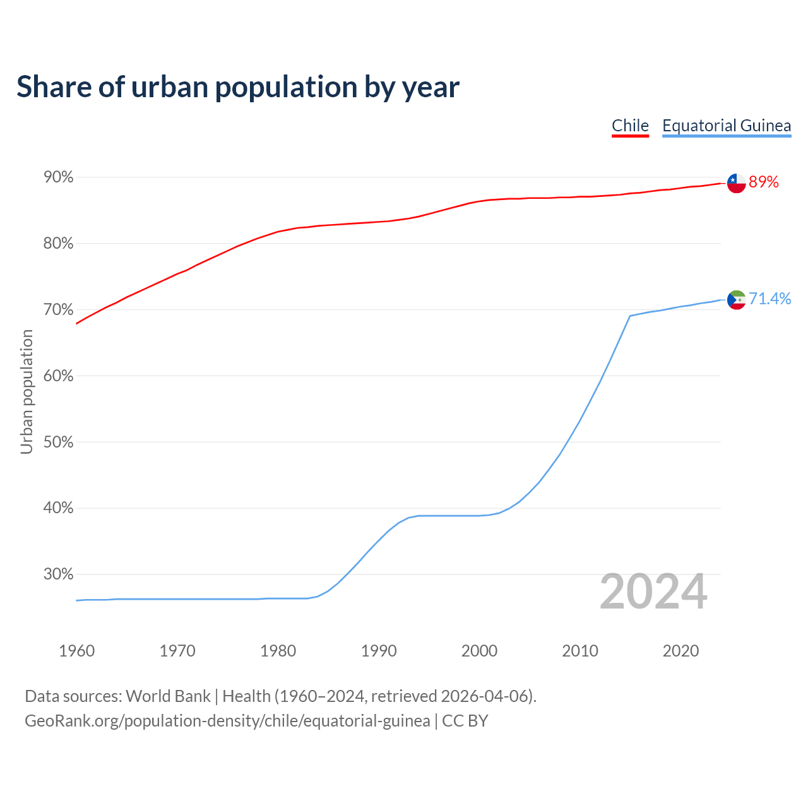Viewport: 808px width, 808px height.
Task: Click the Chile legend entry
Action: tap(630, 126)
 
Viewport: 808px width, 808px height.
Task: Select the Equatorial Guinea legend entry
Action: tap(726, 126)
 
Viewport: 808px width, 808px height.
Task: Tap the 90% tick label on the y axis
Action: tap(58, 177)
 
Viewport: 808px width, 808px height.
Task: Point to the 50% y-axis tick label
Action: tap(58, 443)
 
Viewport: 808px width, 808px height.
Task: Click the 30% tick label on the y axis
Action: tap(58, 574)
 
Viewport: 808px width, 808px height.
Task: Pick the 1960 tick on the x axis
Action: tap(76, 651)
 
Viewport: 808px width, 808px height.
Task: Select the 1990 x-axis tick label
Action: tap(379, 651)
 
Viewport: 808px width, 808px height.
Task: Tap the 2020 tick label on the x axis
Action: tap(680, 651)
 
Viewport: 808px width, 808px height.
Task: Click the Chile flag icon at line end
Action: tap(736, 183)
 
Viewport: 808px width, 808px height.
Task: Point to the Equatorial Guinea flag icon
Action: tap(736, 299)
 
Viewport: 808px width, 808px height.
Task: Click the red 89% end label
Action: tap(764, 182)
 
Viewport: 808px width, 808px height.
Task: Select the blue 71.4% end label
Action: tap(770, 299)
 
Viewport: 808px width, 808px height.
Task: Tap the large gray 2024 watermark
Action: tap(653, 591)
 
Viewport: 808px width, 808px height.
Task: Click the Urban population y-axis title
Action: tap(27, 391)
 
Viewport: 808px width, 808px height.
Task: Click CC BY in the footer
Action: tap(465, 721)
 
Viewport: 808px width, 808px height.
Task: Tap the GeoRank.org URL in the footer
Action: tap(227, 721)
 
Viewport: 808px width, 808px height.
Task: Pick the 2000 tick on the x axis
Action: tap(479, 651)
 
